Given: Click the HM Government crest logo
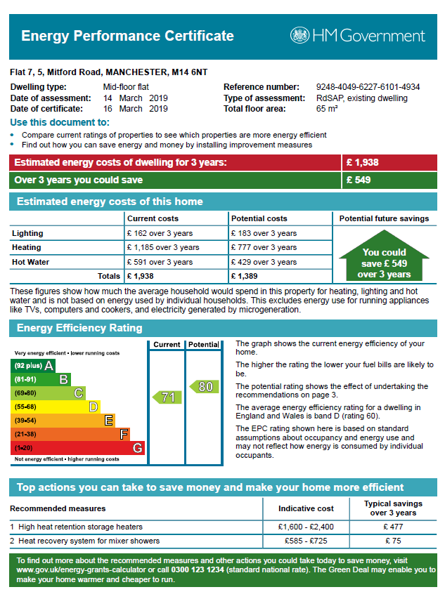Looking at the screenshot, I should pos(299,36).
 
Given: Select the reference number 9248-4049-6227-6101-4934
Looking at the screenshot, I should pos(368,87).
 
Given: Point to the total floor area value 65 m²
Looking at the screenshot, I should pos(327,109).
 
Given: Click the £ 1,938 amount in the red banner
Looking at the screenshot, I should pos(363,162).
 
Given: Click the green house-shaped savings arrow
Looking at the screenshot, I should pos(384,259).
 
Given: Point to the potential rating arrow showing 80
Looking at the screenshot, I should pos(202,386).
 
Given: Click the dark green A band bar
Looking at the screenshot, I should pos(32,366).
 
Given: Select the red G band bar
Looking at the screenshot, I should pos(77,447).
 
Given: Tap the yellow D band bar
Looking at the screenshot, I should pos(55,407).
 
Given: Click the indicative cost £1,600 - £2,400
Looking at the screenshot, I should pos(306,527).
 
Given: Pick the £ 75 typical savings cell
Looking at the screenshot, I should pos(393,541).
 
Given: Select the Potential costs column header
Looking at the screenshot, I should pos(259,219).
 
